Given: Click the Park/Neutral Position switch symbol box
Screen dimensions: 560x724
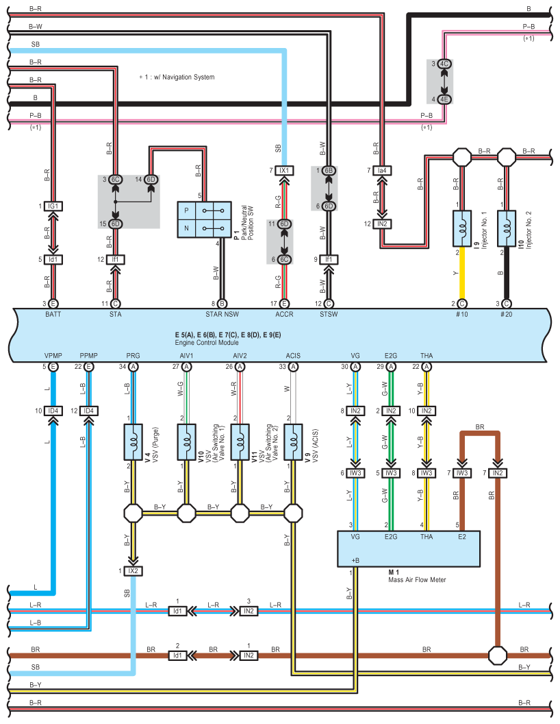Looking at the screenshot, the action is (204, 219).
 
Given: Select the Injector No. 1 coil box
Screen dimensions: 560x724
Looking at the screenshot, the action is (462, 228).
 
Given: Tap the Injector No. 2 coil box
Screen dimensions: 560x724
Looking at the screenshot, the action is (507, 228).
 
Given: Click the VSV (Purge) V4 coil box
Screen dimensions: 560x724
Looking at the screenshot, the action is (133, 442).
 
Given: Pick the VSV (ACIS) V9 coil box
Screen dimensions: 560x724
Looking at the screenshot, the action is (293, 442).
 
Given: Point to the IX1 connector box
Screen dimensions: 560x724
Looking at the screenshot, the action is (284, 171).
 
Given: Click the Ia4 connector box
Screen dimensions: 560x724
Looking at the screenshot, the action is (382, 171).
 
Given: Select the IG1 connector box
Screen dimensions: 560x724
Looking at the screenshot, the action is (53, 206).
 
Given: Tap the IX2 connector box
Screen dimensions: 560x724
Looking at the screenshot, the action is (133, 570).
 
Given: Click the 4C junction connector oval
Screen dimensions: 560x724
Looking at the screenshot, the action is (444, 64).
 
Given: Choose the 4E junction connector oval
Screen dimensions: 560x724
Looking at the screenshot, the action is (444, 99).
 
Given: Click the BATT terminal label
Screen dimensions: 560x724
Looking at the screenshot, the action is (53, 314).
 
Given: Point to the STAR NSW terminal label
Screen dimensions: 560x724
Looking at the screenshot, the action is (222, 314).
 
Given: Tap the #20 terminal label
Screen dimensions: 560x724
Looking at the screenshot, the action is (506, 314).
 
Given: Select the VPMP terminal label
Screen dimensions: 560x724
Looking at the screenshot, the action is (53, 356).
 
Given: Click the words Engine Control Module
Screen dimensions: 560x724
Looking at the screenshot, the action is (207, 343).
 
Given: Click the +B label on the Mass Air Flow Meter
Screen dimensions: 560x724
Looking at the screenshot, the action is (355, 560).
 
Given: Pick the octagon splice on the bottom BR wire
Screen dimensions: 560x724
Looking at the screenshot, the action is (498, 655).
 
